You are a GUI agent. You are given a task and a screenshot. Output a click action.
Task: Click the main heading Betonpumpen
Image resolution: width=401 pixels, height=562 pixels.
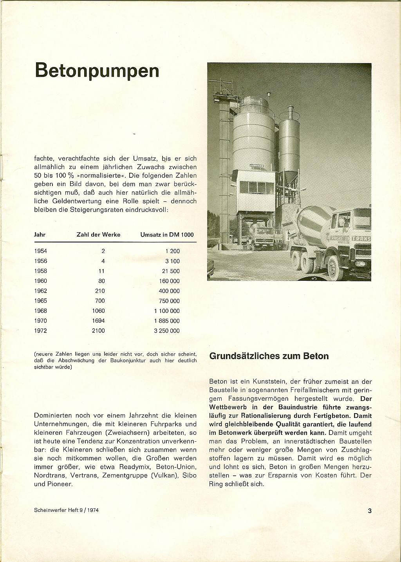click(x=97, y=71)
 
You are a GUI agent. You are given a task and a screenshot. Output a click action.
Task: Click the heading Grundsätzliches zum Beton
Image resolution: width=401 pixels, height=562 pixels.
click(x=269, y=356)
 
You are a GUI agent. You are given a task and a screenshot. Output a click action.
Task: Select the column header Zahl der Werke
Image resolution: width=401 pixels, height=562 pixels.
click(x=98, y=235)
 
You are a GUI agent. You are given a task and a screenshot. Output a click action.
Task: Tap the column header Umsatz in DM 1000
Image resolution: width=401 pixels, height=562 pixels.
click(x=167, y=235)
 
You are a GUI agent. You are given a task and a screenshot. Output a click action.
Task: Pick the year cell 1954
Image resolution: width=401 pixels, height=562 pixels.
click(x=40, y=251)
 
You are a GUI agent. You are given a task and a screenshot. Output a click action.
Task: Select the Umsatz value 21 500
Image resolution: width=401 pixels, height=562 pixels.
click(x=171, y=271)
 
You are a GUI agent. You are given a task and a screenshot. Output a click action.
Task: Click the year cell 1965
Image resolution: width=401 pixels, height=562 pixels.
click(x=40, y=301)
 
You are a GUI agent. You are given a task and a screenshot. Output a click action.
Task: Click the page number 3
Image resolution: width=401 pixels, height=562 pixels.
click(x=369, y=510)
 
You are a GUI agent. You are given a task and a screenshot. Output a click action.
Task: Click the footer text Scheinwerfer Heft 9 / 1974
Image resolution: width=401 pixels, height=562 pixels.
click(x=66, y=510)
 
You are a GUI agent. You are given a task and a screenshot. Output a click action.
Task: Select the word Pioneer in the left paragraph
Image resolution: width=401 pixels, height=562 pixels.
click(x=59, y=484)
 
